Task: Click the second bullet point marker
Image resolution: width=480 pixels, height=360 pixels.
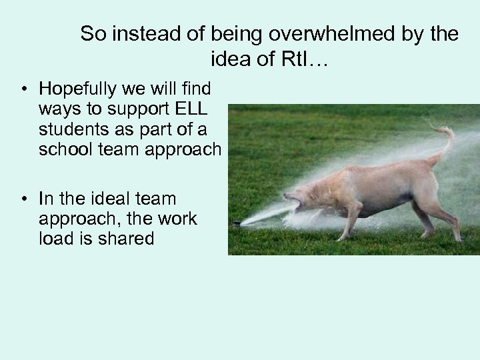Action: point(23,199)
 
